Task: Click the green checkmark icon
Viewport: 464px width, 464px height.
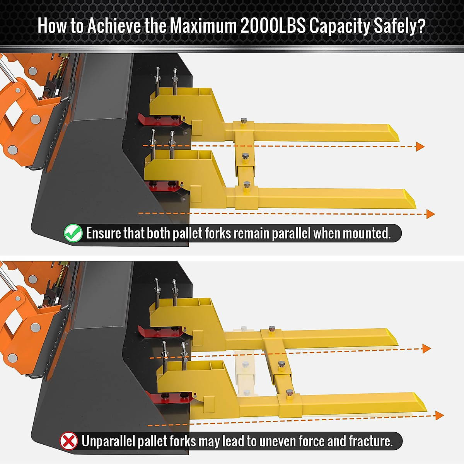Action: (73, 233)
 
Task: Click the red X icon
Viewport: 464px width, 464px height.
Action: (69, 441)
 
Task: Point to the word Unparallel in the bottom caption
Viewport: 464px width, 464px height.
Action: (108, 441)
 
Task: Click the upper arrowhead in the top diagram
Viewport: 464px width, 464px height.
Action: (420, 146)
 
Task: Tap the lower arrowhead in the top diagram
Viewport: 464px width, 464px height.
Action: (430, 214)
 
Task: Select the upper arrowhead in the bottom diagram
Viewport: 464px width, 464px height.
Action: (426, 348)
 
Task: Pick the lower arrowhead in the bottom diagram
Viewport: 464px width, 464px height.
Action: (439, 416)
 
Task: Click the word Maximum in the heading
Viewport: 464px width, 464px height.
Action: (203, 26)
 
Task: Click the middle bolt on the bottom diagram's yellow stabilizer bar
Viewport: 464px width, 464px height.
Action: (281, 365)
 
